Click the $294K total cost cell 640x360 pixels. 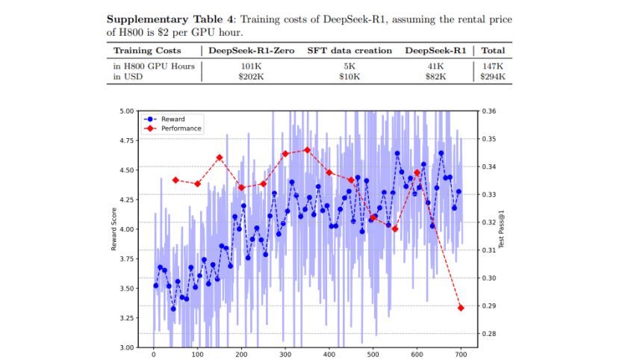(494, 76)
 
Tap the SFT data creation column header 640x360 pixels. (349, 51)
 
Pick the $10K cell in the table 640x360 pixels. (349, 76)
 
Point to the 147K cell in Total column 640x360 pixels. (494, 66)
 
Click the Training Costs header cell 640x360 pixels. (146, 51)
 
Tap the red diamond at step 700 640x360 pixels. (461, 308)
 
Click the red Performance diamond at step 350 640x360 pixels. (308, 149)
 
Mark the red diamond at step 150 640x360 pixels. (220, 158)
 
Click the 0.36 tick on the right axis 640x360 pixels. (488, 111)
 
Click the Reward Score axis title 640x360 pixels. (114, 229)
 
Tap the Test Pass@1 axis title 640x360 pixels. (501, 229)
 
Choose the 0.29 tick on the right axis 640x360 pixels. (488, 306)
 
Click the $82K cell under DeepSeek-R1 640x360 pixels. (435, 76)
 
